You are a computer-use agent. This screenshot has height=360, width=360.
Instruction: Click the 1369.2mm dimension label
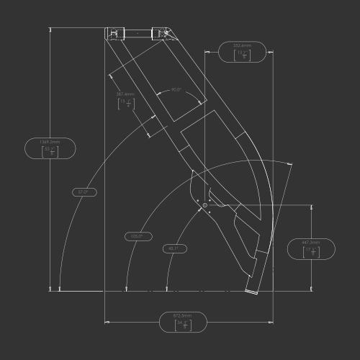(x=50, y=142)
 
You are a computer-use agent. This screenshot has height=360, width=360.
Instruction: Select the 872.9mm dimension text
(x=182, y=316)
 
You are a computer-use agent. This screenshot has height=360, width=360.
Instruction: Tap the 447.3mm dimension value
(x=310, y=243)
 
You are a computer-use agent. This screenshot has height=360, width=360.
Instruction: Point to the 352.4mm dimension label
(x=243, y=45)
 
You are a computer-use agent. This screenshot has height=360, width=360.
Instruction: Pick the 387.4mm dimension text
(x=125, y=94)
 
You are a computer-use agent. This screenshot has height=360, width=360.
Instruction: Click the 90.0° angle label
(x=176, y=90)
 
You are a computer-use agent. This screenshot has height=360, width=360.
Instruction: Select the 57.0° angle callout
(x=83, y=192)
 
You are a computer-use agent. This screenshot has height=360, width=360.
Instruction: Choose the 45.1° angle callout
(x=173, y=248)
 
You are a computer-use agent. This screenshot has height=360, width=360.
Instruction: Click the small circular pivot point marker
(x=205, y=206)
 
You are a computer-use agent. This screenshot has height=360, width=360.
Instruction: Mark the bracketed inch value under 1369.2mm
(x=50, y=151)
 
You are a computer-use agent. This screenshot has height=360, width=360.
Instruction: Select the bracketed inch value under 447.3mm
(x=311, y=252)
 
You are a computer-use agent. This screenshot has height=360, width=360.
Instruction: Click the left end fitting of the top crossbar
(x=114, y=32)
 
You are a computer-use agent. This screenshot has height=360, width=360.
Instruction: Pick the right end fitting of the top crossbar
(x=160, y=32)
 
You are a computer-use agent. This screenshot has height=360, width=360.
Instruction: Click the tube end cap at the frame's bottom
(x=253, y=289)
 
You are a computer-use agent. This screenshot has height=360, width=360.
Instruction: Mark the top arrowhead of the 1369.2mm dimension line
(x=50, y=30)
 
